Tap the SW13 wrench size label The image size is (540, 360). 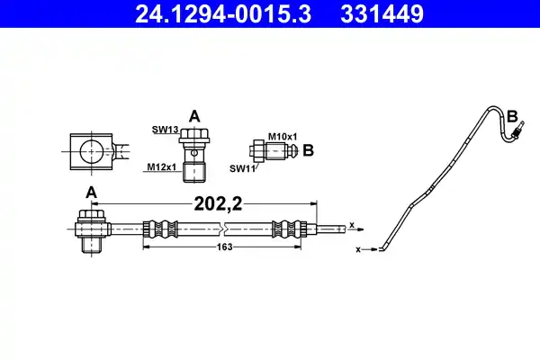click(163, 130)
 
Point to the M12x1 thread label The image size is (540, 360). click(161, 166)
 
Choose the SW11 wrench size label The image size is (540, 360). click(241, 167)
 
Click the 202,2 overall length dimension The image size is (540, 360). click(219, 203)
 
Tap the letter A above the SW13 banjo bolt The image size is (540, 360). click(193, 115)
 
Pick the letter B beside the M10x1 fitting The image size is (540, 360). click(307, 149)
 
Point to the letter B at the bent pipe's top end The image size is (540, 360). click(512, 116)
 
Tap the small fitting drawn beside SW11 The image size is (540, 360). click(273, 150)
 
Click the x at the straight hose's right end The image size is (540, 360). click(352, 225)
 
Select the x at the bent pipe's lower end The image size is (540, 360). click(360, 245)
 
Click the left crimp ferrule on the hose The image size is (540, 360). click(154, 229)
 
